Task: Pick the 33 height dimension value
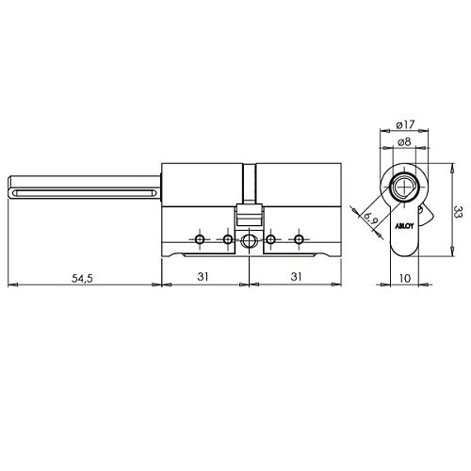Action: (455, 212)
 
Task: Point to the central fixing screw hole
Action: (250, 241)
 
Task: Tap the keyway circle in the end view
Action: (405, 185)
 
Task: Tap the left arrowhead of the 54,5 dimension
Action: (10, 284)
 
